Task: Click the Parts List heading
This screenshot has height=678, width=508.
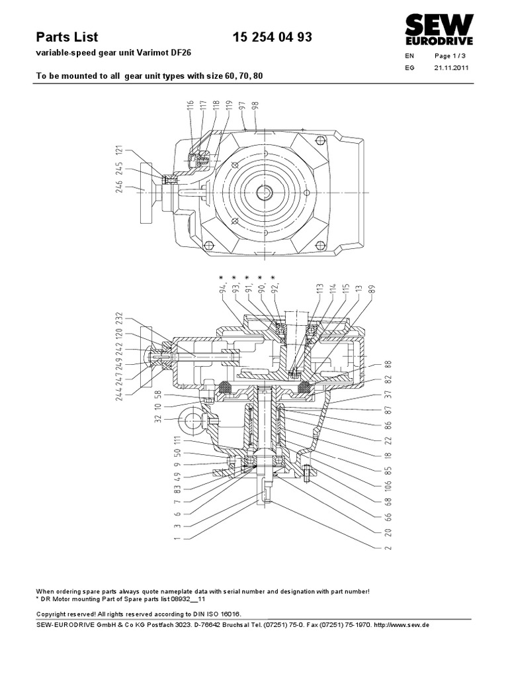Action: click(x=66, y=38)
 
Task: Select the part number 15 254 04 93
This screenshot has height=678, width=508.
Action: click(x=273, y=38)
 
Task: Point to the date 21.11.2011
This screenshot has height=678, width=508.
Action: click(x=451, y=68)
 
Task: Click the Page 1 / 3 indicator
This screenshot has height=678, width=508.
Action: click(x=450, y=56)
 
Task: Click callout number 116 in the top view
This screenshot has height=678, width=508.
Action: click(x=190, y=108)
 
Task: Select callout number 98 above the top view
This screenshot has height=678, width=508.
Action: click(x=255, y=109)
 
